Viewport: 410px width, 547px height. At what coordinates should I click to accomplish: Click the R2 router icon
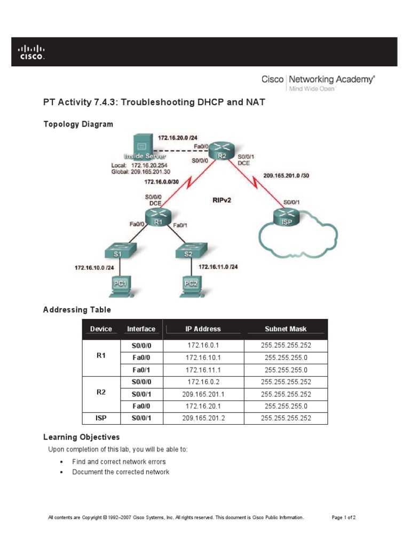tap(219, 151)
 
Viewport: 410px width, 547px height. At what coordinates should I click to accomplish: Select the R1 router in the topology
tap(159, 217)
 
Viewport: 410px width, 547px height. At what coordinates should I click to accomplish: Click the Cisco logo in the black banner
tap(32, 52)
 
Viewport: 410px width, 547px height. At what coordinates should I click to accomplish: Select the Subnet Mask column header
tap(286, 329)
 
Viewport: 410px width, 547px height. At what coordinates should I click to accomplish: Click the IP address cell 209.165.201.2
tap(203, 418)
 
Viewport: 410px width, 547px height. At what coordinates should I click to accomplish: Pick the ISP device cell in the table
tap(101, 418)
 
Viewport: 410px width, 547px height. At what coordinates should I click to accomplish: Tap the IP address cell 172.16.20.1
tap(203, 406)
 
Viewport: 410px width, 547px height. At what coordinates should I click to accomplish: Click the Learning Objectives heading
tap(81, 437)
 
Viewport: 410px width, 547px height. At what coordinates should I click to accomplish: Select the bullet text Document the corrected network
tap(121, 472)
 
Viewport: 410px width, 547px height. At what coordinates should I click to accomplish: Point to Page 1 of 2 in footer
tap(344, 518)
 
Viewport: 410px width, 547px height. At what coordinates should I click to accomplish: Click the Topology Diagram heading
tap(78, 124)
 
